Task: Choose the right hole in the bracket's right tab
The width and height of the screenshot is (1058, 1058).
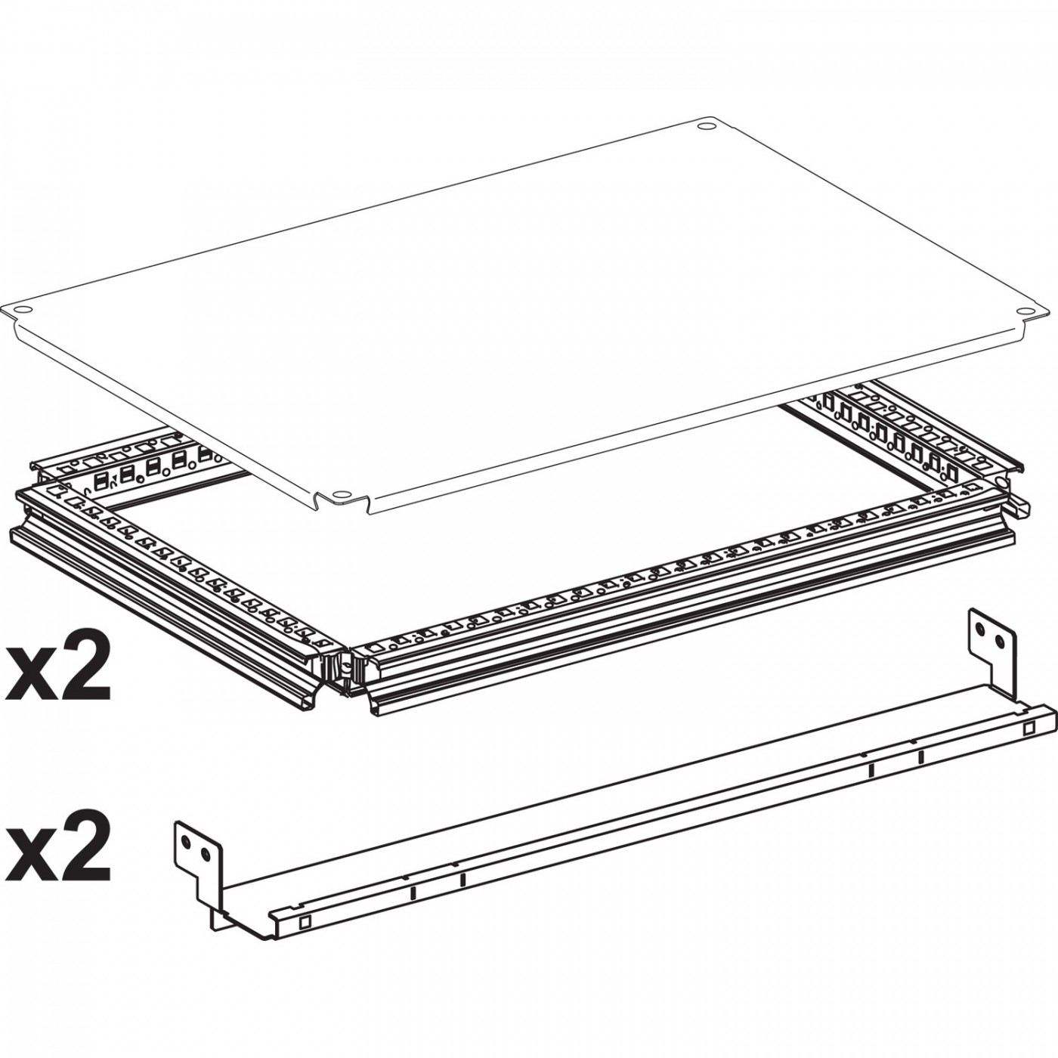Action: (x=1000, y=642)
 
